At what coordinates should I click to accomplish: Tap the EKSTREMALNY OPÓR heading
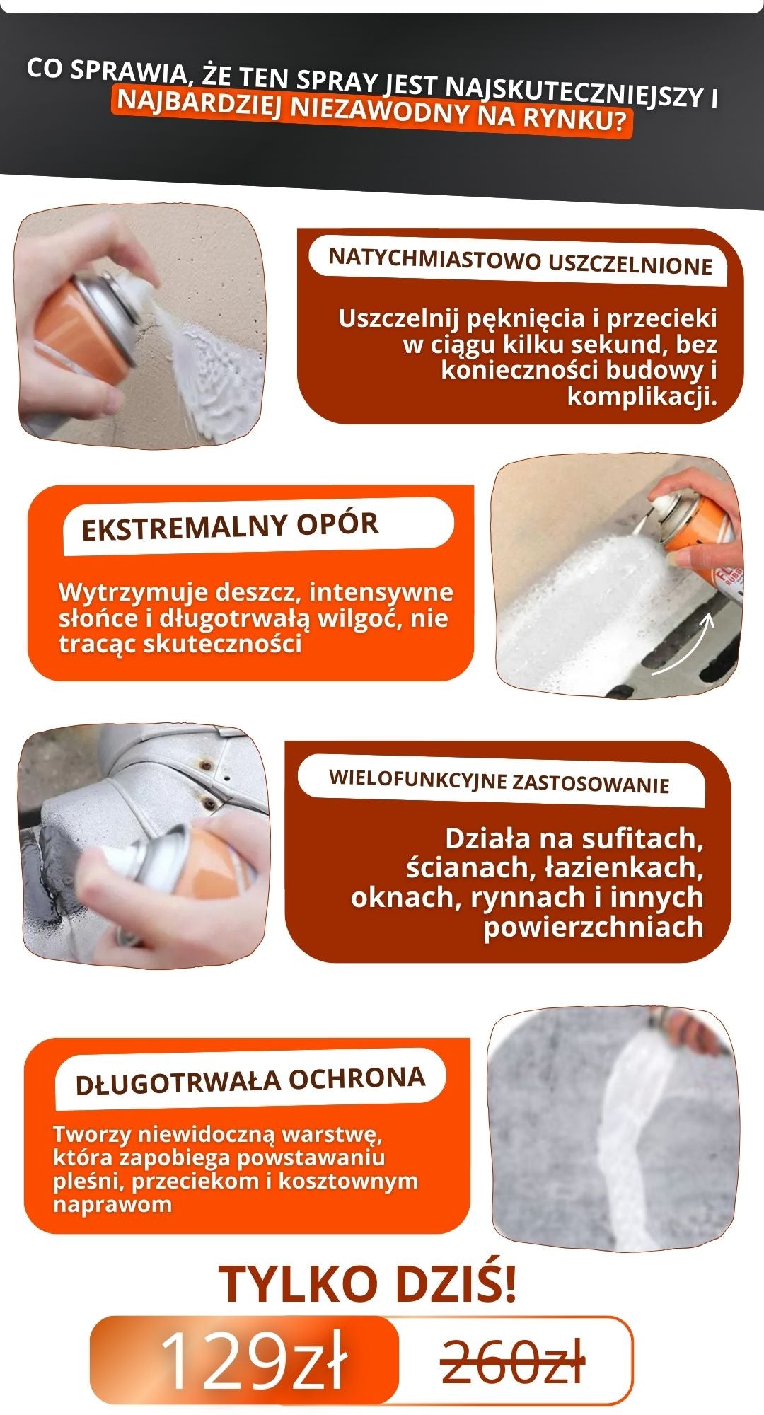[230, 526]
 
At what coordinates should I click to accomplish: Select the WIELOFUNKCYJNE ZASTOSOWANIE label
[499, 781]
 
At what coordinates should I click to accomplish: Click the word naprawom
[112, 1203]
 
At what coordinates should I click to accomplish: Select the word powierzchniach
[594, 927]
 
